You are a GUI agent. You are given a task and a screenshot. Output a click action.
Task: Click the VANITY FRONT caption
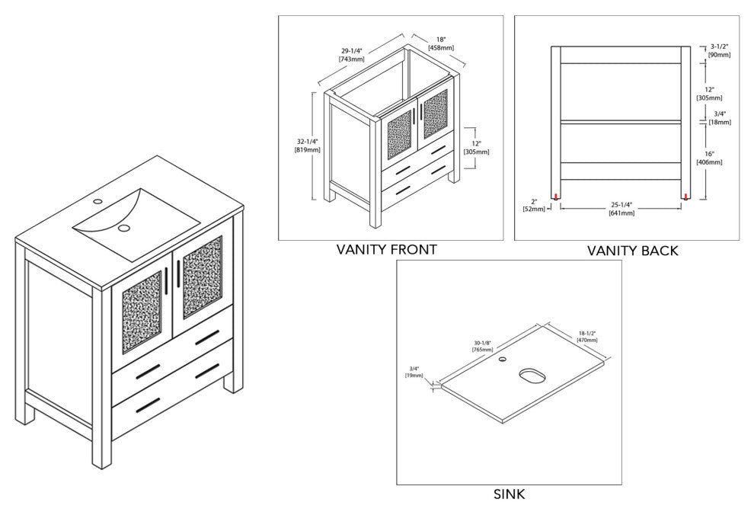click(x=386, y=250)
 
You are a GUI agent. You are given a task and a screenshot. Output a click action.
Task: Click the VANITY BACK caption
click(x=632, y=251)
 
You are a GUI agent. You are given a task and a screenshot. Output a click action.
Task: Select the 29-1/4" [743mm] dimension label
click(x=351, y=56)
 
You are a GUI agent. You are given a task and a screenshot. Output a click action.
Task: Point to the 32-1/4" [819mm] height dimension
click(x=307, y=146)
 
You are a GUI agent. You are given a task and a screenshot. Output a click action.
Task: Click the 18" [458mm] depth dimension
click(x=442, y=43)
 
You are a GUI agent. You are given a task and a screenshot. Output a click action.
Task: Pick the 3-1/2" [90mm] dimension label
click(x=718, y=50)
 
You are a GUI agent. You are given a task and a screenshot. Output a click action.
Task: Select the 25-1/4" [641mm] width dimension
click(x=621, y=209)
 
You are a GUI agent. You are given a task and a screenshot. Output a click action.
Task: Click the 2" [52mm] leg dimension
click(x=534, y=204)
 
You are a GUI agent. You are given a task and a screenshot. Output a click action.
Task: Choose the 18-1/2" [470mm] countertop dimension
click(x=586, y=335)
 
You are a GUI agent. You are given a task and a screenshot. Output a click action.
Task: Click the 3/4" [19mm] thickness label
click(x=416, y=372)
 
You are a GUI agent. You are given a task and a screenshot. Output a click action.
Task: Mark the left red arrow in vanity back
click(x=557, y=197)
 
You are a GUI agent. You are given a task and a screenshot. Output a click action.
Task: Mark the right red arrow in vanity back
click(x=686, y=197)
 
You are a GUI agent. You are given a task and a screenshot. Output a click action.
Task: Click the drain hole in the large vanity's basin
click(x=123, y=226)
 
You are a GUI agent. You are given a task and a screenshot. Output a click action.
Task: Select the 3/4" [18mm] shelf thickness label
click(x=718, y=118)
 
